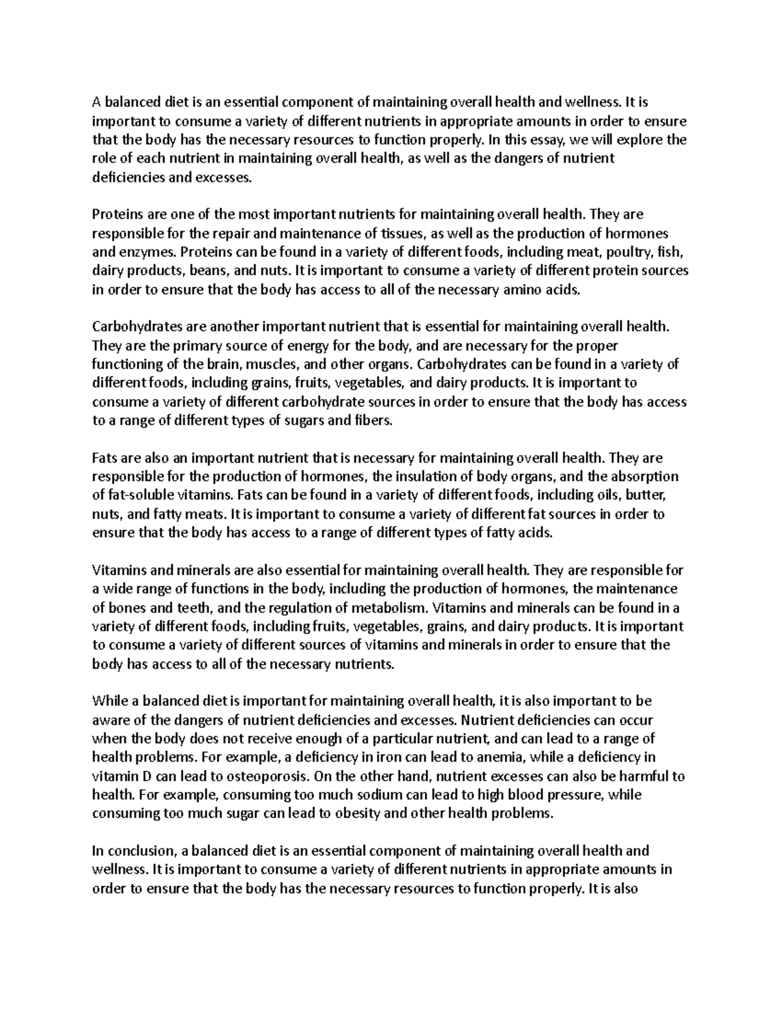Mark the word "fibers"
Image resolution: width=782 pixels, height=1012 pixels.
tap(369, 421)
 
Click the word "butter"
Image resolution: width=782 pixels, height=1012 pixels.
tap(646, 496)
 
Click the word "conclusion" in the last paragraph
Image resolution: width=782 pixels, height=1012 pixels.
tap(140, 851)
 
